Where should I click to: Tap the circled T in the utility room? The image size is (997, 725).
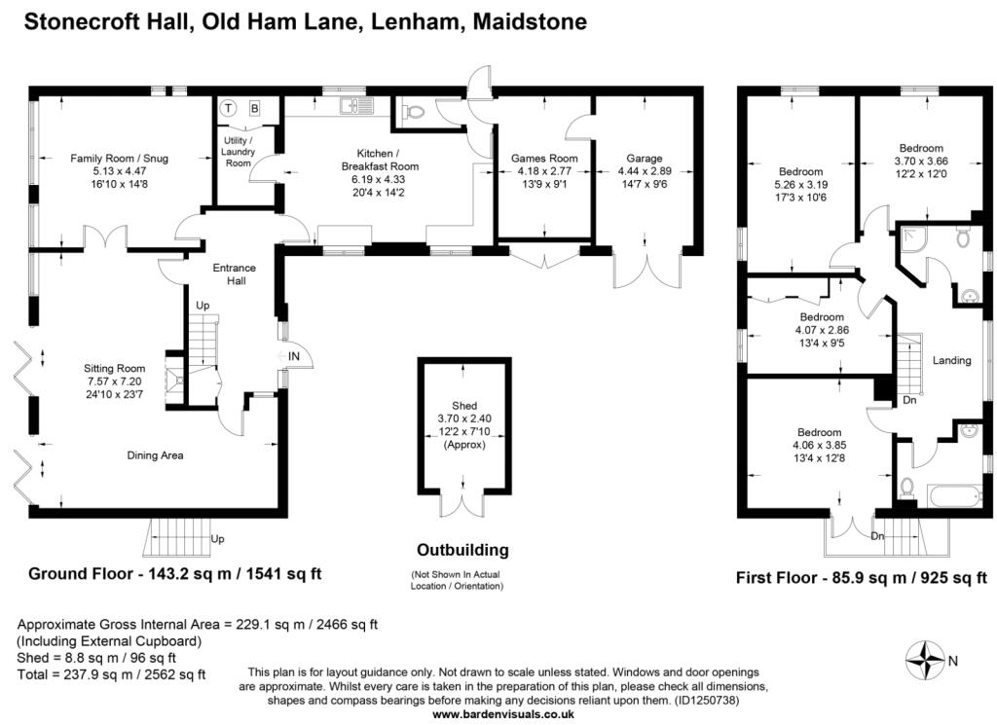pyautogui.click(x=228, y=109)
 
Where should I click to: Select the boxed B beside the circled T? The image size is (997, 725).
pyautogui.click(x=254, y=109)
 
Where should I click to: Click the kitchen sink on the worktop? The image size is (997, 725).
pyautogui.click(x=356, y=105)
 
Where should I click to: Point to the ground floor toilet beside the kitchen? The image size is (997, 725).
pyautogui.click(x=413, y=113)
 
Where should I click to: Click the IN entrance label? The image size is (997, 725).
pyautogui.click(x=294, y=356)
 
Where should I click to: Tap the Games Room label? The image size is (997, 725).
pyautogui.click(x=545, y=159)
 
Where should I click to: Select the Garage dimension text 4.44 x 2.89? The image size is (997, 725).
pyautogui.click(x=645, y=171)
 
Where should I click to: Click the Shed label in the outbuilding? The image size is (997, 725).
pyautogui.click(x=464, y=406)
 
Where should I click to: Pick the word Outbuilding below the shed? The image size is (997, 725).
pyautogui.click(x=462, y=550)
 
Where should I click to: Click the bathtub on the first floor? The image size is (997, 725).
pyautogui.click(x=955, y=496)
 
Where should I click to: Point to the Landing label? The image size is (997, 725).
pyautogui.click(x=952, y=360)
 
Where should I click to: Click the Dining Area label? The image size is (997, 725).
pyautogui.click(x=155, y=455)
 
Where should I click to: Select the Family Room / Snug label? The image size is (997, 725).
pyautogui.click(x=119, y=159)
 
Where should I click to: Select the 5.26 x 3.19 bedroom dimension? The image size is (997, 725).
pyautogui.click(x=800, y=185)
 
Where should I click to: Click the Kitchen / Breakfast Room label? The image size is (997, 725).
pyautogui.click(x=380, y=160)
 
